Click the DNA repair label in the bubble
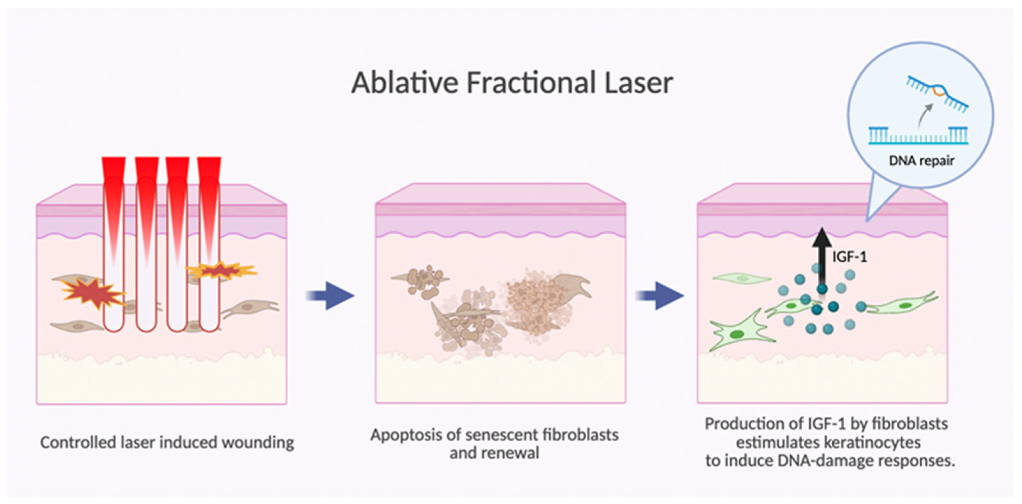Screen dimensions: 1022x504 click(x=921, y=161)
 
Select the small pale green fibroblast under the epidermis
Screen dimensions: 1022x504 click(x=741, y=278)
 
